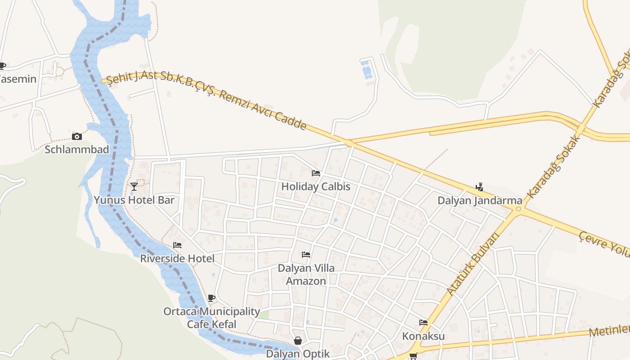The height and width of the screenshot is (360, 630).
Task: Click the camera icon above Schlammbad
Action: [x=77, y=136]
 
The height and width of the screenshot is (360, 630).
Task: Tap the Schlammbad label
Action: [x=77, y=149]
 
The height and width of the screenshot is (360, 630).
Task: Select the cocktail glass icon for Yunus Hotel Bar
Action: [x=134, y=186]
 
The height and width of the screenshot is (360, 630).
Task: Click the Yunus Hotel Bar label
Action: [x=134, y=200]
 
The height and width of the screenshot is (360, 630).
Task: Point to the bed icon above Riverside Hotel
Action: [x=177, y=245]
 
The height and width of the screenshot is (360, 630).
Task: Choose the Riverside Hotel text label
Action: [x=177, y=259]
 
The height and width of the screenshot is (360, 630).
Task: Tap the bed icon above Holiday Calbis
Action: [x=316, y=173]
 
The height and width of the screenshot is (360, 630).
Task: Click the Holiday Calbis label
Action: [x=316, y=186]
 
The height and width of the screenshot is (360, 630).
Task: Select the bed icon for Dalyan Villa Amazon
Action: [x=306, y=255]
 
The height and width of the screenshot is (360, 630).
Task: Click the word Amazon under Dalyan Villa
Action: [x=306, y=281]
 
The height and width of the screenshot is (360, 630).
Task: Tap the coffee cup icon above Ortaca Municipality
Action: [x=211, y=298]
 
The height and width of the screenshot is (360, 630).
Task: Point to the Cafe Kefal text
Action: [x=211, y=324]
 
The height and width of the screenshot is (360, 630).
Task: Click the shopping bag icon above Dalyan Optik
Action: [x=298, y=341]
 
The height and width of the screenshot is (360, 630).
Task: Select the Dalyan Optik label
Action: [x=298, y=354]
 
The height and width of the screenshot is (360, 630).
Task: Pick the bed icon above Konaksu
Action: [x=423, y=323]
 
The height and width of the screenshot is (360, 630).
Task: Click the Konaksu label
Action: [x=423, y=336]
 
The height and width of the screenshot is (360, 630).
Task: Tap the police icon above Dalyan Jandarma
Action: [x=480, y=187]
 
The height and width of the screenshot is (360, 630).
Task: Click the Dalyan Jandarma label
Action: [x=480, y=201]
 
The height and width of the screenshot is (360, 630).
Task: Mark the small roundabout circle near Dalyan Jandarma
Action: [x=519, y=209]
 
